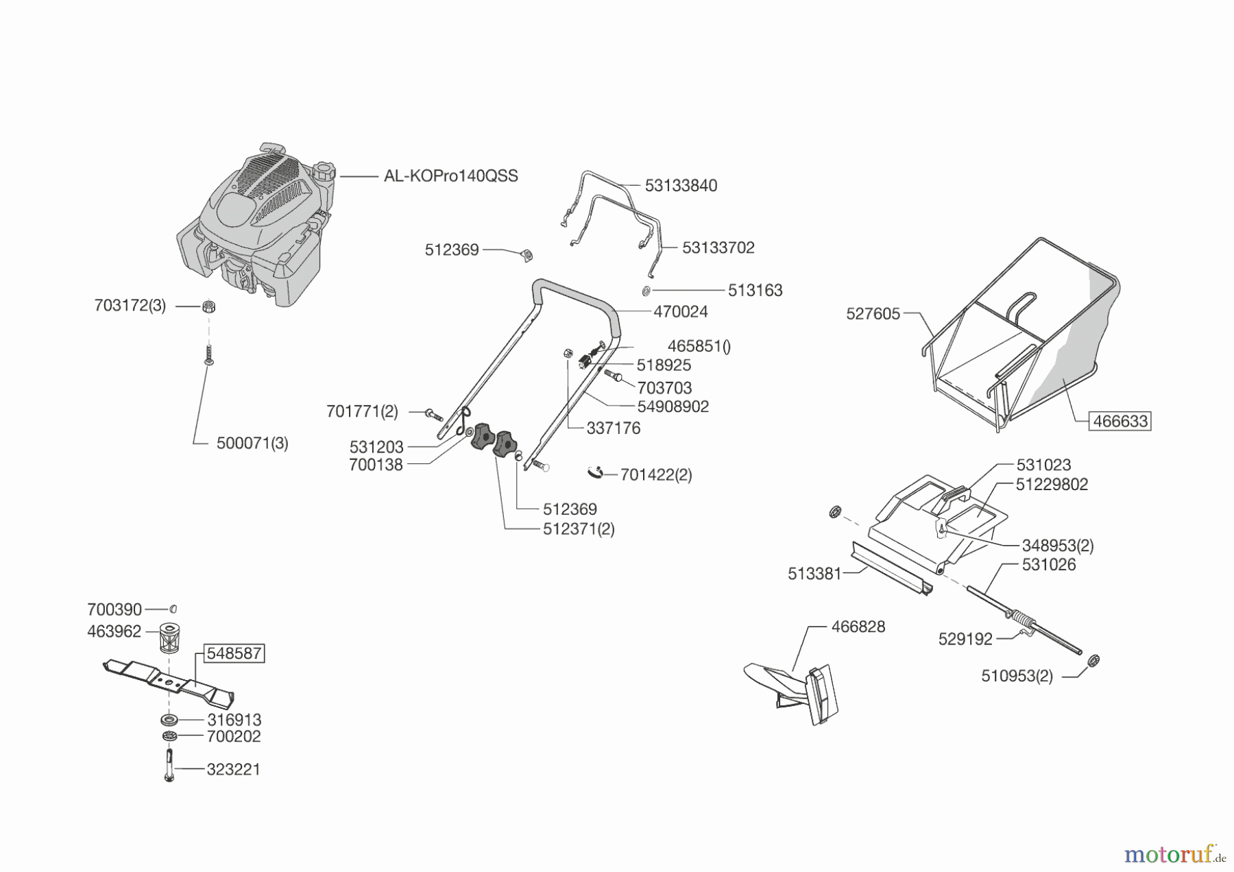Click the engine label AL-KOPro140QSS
pos(450,176)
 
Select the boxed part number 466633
pos(1120,421)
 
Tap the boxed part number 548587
pos(234,653)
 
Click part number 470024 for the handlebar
pos(680,312)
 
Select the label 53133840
pos(681,186)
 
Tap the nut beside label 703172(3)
pos(209,306)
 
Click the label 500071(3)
pos(252,444)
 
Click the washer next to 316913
pos(169,720)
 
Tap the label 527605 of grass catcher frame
pos(873,314)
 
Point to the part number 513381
pos(814,574)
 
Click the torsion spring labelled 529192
pos(1024,623)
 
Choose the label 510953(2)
pos(1017,677)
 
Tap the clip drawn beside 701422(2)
pos(595,472)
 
